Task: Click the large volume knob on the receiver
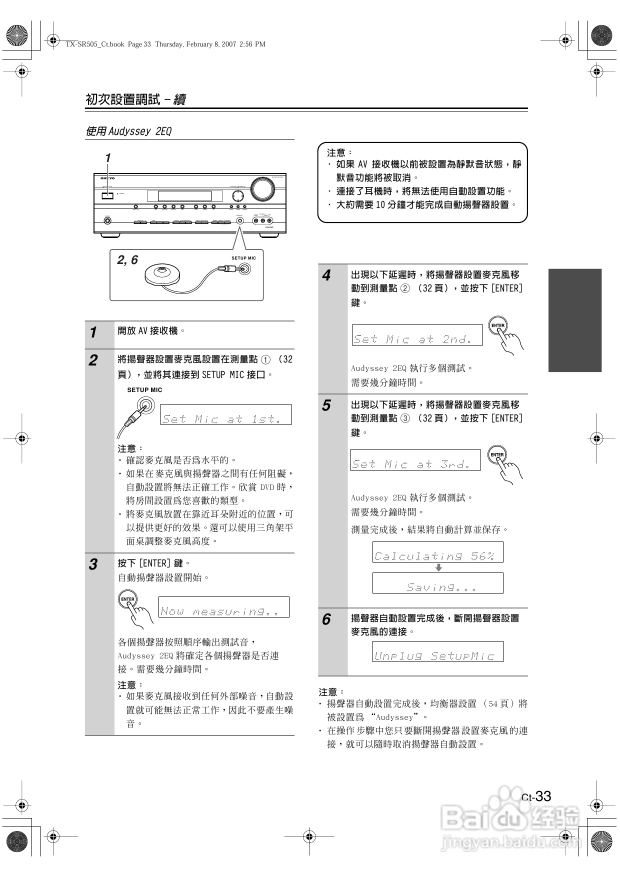coord(262,188)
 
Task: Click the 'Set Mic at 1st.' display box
coord(226,414)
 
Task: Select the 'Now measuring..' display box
coord(224,607)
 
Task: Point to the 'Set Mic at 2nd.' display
coord(417,335)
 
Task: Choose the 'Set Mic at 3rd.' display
coord(415,460)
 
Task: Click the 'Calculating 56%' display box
coord(437,552)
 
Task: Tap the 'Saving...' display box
coord(437,583)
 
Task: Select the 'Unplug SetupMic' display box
coord(437,652)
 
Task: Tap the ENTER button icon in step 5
coord(497,454)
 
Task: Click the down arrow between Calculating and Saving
coord(438,567)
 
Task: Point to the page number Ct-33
coord(536,796)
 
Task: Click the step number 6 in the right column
coord(326,619)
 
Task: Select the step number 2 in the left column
coord(93,360)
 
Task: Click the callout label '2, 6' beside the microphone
coord(127,260)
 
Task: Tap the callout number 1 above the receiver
coord(107,158)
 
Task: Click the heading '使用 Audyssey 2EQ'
coord(128,131)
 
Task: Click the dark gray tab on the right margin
coord(574,320)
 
